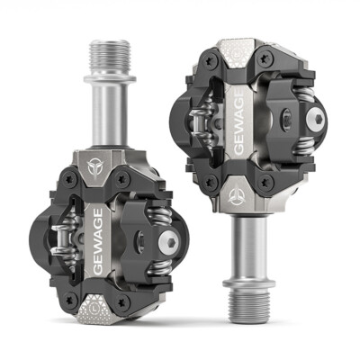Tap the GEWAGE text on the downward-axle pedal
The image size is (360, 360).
[x=239, y=123]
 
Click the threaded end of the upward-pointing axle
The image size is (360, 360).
[x=111, y=57]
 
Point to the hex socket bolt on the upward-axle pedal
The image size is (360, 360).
[x=168, y=241]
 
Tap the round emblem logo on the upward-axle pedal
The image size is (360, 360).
[x=94, y=168]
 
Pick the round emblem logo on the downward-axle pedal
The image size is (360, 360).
[x=235, y=197]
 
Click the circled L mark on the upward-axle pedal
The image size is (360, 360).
[x=94, y=308]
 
